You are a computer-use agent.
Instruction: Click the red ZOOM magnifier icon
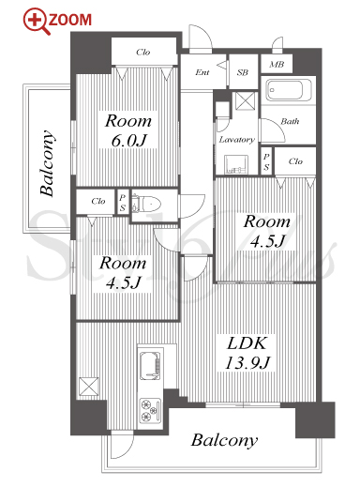click(37, 21)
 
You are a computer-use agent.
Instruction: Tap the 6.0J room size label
click(128, 140)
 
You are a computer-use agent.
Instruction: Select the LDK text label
click(247, 343)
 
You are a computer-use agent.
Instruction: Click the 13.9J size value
click(247, 362)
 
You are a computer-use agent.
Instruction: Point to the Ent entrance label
click(202, 72)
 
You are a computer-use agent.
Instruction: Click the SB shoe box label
click(243, 72)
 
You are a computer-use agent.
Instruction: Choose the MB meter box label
click(277, 64)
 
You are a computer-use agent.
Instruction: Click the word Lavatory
click(236, 139)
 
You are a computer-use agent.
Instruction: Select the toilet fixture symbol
click(146, 204)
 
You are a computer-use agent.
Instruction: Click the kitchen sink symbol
click(150, 365)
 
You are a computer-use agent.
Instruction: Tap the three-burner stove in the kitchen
click(150, 410)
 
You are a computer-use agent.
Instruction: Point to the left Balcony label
click(48, 163)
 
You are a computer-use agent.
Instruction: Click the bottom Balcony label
click(224, 440)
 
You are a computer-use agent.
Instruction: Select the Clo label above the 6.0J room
click(143, 52)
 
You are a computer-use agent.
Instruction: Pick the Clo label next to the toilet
click(98, 201)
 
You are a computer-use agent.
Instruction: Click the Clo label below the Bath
click(295, 161)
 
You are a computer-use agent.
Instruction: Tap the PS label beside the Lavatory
click(266, 162)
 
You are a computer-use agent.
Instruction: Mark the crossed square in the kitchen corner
click(89, 387)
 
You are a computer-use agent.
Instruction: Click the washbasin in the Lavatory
click(236, 164)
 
